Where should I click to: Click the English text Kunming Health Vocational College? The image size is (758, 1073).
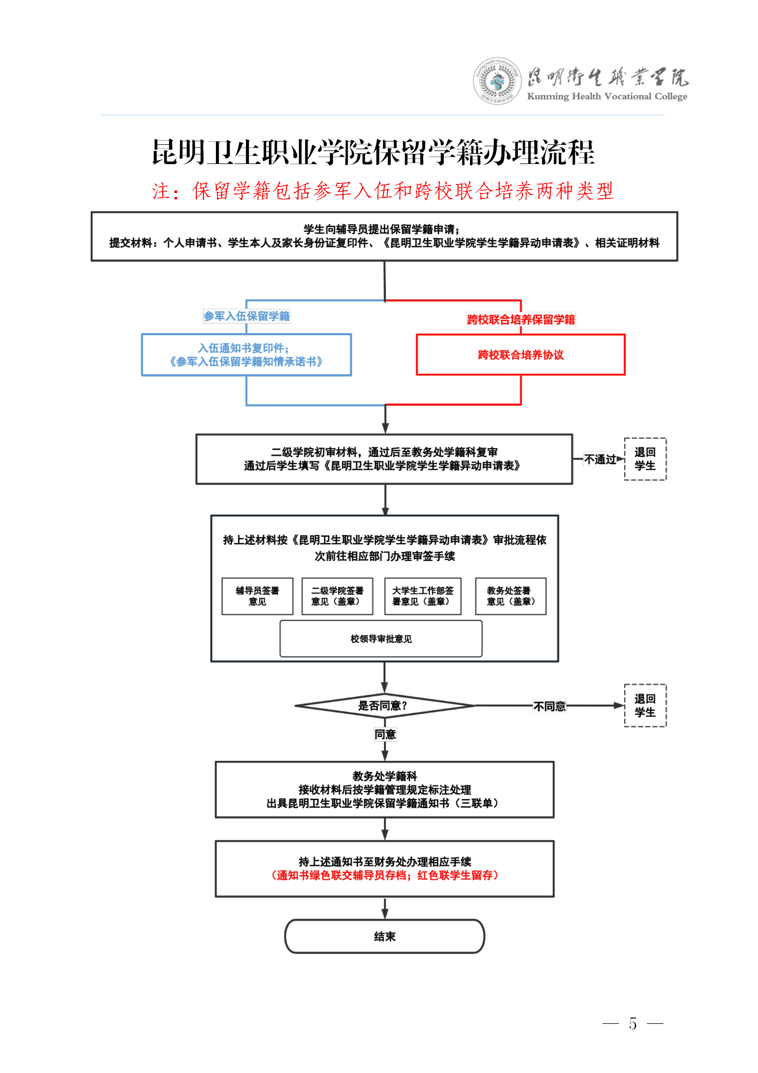click(x=607, y=97)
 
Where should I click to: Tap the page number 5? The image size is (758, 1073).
click(x=632, y=1023)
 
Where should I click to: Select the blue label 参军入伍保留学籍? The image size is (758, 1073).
click(x=246, y=316)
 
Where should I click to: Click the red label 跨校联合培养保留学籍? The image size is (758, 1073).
click(x=521, y=319)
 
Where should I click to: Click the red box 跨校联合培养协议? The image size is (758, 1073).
click(x=521, y=355)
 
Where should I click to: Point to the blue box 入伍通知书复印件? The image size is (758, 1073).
click(x=246, y=355)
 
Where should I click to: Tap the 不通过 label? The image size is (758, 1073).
click(x=600, y=459)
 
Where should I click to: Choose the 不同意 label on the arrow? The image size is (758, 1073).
click(x=549, y=706)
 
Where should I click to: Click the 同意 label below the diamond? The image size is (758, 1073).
click(x=385, y=734)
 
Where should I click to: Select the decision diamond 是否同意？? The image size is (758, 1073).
click(x=384, y=705)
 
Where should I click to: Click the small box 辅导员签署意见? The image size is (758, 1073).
click(x=257, y=596)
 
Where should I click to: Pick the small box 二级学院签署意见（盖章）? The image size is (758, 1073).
click(x=337, y=596)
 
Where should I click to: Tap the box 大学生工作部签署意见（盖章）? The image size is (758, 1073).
click(x=423, y=596)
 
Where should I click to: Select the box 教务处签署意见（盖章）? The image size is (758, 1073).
click(x=511, y=596)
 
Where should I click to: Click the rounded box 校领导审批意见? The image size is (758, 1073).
click(x=381, y=639)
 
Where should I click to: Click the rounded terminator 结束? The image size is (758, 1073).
click(x=384, y=936)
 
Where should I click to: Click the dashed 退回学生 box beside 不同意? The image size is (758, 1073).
click(x=645, y=705)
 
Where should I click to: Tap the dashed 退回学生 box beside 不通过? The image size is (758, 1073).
click(x=645, y=459)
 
